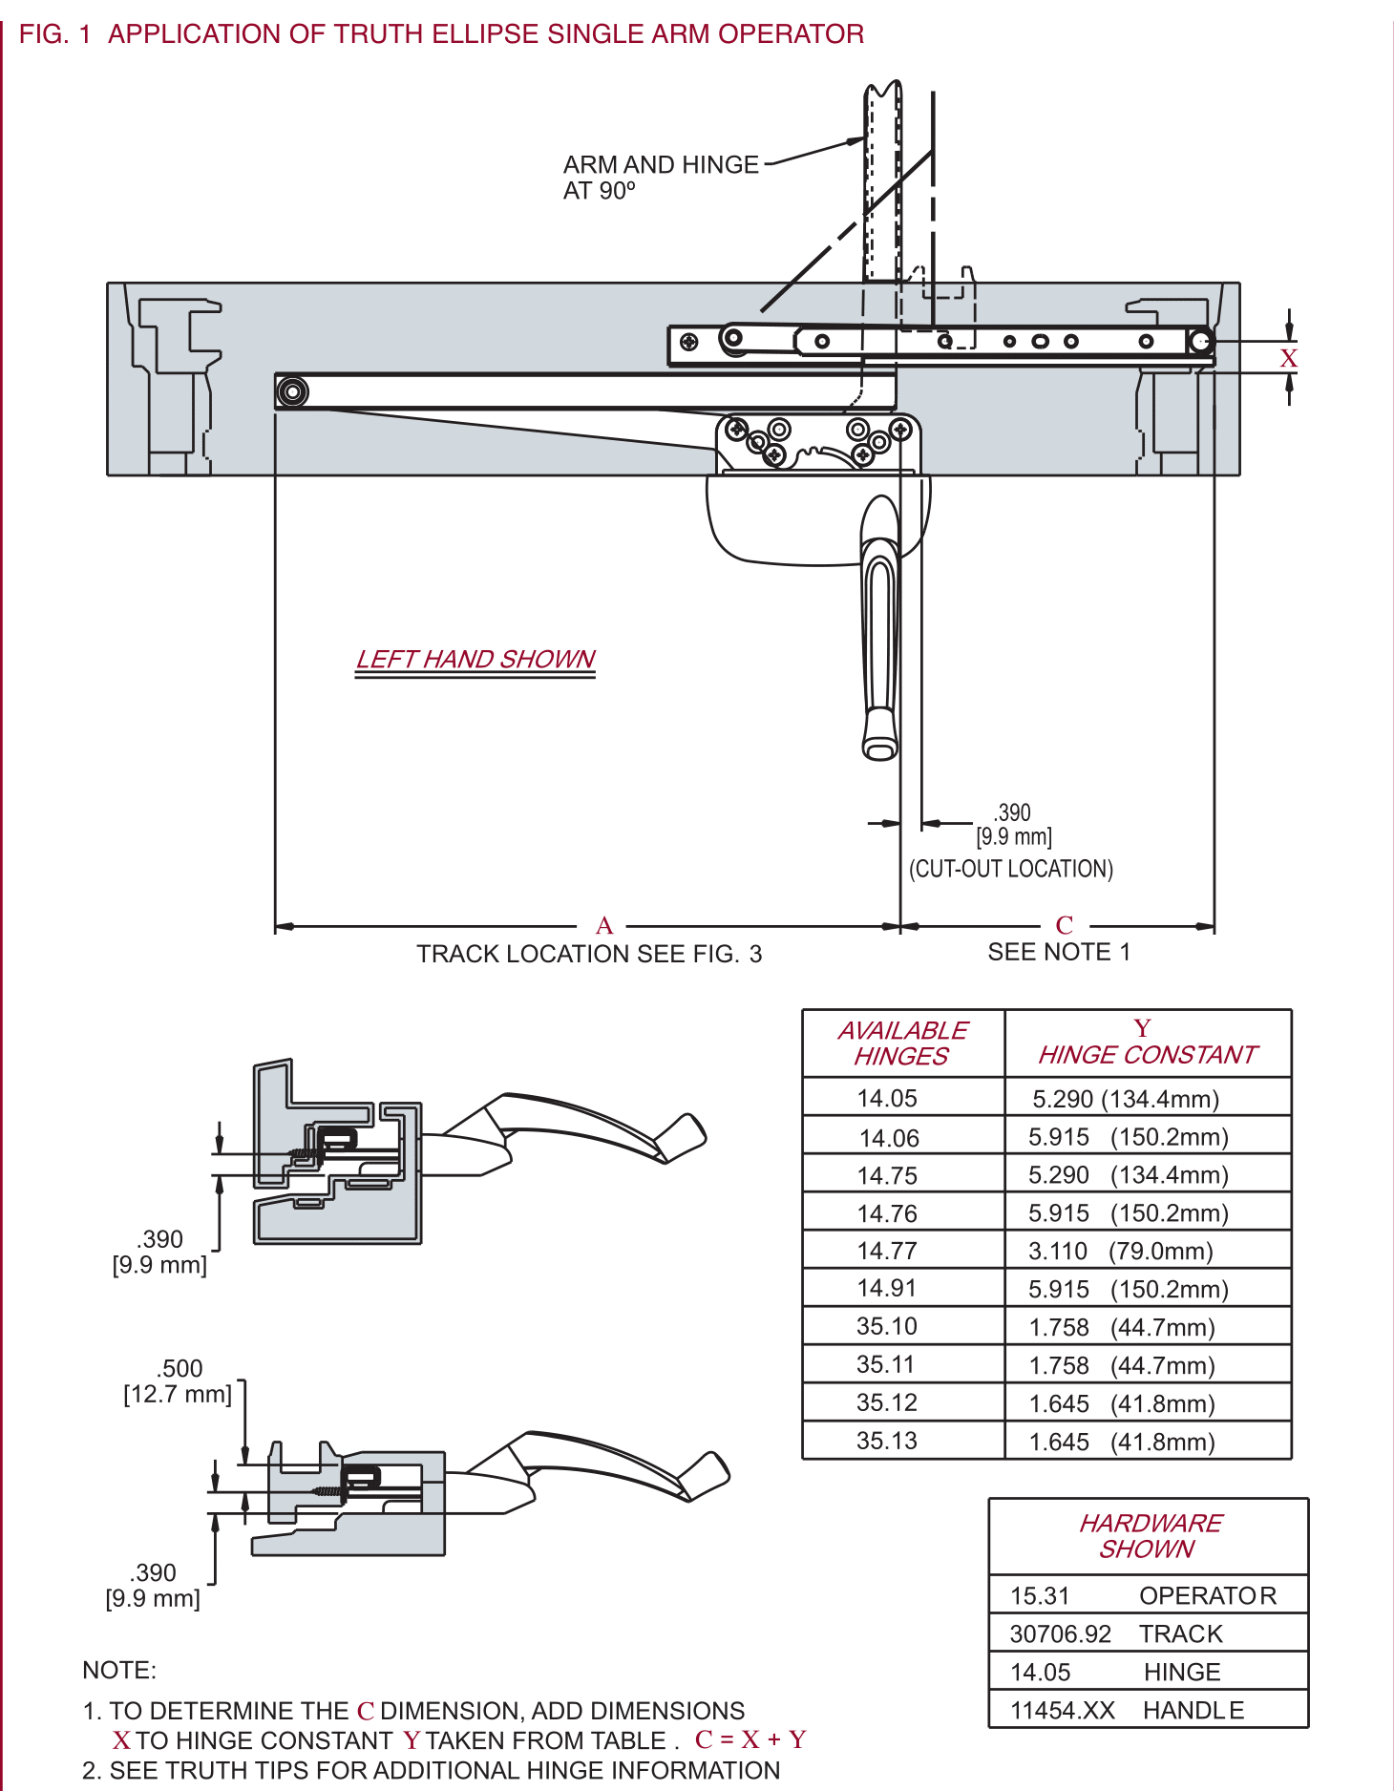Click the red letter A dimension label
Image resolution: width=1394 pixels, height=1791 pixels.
[x=604, y=925]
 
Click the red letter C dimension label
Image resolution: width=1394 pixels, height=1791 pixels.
[x=1064, y=925]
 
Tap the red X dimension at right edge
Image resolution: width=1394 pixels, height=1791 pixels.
[x=1288, y=359]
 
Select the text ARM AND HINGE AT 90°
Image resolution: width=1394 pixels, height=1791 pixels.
[x=660, y=178]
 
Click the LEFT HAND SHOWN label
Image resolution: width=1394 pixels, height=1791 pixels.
[x=475, y=660]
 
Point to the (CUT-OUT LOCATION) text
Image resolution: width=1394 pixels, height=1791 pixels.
[x=1010, y=869]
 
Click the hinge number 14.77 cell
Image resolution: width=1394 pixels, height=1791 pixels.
[x=887, y=1251]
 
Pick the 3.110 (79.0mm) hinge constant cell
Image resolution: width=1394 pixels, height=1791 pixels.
[x=1120, y=1251]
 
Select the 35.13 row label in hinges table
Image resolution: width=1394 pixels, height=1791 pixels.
[x=887, y=1441]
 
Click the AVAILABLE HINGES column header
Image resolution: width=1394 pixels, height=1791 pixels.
[x=902, y=1043]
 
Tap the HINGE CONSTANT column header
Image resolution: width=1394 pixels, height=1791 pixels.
[x=1147, y=1043]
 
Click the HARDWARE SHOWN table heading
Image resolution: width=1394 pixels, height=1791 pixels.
[x=1149, y=1536]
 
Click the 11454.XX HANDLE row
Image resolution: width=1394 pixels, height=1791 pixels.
[x=1127, y=1710]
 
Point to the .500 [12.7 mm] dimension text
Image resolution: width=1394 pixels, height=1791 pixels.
[x=179, y=1381]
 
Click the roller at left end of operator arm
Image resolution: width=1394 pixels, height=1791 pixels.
[x=292, y=391]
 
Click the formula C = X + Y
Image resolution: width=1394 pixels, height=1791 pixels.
[x=750, y=1739]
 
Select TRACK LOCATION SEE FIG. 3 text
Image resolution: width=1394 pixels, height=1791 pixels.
[x=589, y=954]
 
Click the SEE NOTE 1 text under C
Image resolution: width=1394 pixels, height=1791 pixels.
[x=1058, y=952]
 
